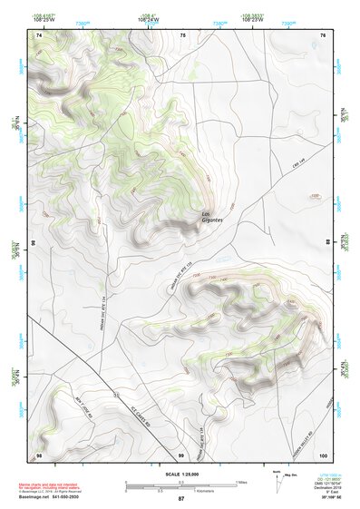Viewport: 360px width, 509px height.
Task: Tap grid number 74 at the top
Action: point(39,34)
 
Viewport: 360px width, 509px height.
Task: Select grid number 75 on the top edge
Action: point(182,34)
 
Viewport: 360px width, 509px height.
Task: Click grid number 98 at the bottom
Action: point(39,454)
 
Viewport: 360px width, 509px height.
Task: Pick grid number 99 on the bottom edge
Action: point(181,454)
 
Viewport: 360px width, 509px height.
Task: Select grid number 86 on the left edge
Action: point(34,244)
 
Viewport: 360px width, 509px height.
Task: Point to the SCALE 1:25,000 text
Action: point(180,474)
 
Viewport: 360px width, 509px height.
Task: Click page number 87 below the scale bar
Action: point(180,499)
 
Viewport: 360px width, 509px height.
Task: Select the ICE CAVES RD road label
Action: point(140,416)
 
